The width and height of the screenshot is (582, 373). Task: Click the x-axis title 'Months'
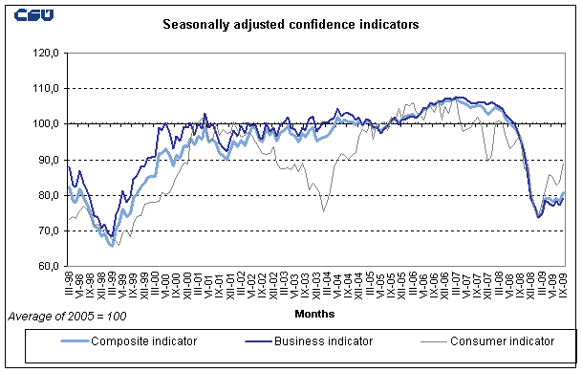315,312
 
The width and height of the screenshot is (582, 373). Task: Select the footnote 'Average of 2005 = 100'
66,315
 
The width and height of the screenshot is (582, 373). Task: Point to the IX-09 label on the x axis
562,284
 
